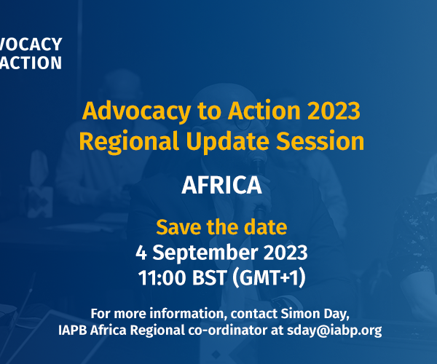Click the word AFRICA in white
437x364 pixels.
click(x=221, y=185)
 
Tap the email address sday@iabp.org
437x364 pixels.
click(x=334, y=331)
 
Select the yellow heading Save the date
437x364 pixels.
click(x=221, y=227)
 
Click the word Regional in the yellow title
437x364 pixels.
click(x=129, y=142)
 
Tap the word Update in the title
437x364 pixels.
click(x=227, y=142)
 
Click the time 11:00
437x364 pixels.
click(x=162, y=278)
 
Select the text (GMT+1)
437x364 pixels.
click(x=269, y=278)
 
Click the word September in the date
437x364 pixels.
click(x=205, y=253)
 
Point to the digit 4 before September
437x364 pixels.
click(x=141, y=253)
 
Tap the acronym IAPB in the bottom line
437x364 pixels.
click(x=72, y=331)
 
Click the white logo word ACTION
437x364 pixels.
click(x=31, y=63)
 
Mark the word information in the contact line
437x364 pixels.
click(x=186, y=314)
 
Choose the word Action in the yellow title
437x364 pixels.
click(x=264, y=111)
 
